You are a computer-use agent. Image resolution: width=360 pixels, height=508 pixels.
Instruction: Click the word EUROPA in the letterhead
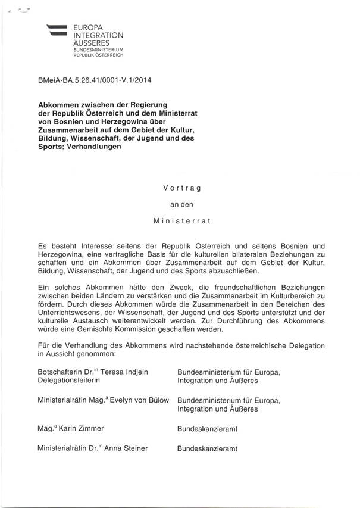point(86,27)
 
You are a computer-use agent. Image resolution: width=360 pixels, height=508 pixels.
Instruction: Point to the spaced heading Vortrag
point(179,188)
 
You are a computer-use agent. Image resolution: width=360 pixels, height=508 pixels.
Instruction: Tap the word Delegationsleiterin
point(68,381)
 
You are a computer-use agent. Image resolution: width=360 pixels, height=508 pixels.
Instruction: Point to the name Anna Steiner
point(126,448)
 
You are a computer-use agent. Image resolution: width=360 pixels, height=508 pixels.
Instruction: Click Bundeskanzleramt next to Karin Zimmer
point(207,428)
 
